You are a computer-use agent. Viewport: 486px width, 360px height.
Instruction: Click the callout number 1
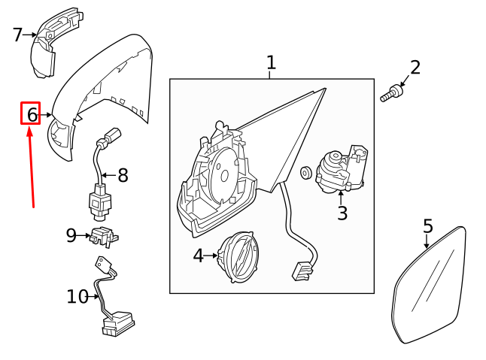pos(271,63)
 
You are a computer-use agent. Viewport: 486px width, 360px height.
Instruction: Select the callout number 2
pos(415,68)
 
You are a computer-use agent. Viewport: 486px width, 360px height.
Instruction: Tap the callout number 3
pos(342,213)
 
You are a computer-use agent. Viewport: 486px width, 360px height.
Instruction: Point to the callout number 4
pos(198,256)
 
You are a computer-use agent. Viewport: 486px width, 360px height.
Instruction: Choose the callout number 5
pos(427,226)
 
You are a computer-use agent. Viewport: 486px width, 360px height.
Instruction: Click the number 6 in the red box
pos(31,114)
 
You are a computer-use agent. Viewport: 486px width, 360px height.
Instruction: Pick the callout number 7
pos(17,35)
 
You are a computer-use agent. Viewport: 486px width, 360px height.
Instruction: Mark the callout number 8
pos(123,176)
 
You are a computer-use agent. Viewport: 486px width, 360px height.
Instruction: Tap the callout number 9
pos(71,236)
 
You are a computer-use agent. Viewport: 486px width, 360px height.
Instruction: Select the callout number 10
pos(77,297)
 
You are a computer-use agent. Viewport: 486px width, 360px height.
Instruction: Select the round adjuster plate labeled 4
pos(239,256)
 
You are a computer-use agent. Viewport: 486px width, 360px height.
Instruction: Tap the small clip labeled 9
pos(104,237)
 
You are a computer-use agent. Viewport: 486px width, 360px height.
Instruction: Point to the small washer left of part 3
pos(305,173)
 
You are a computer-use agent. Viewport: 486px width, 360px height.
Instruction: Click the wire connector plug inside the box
pos(303,271)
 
